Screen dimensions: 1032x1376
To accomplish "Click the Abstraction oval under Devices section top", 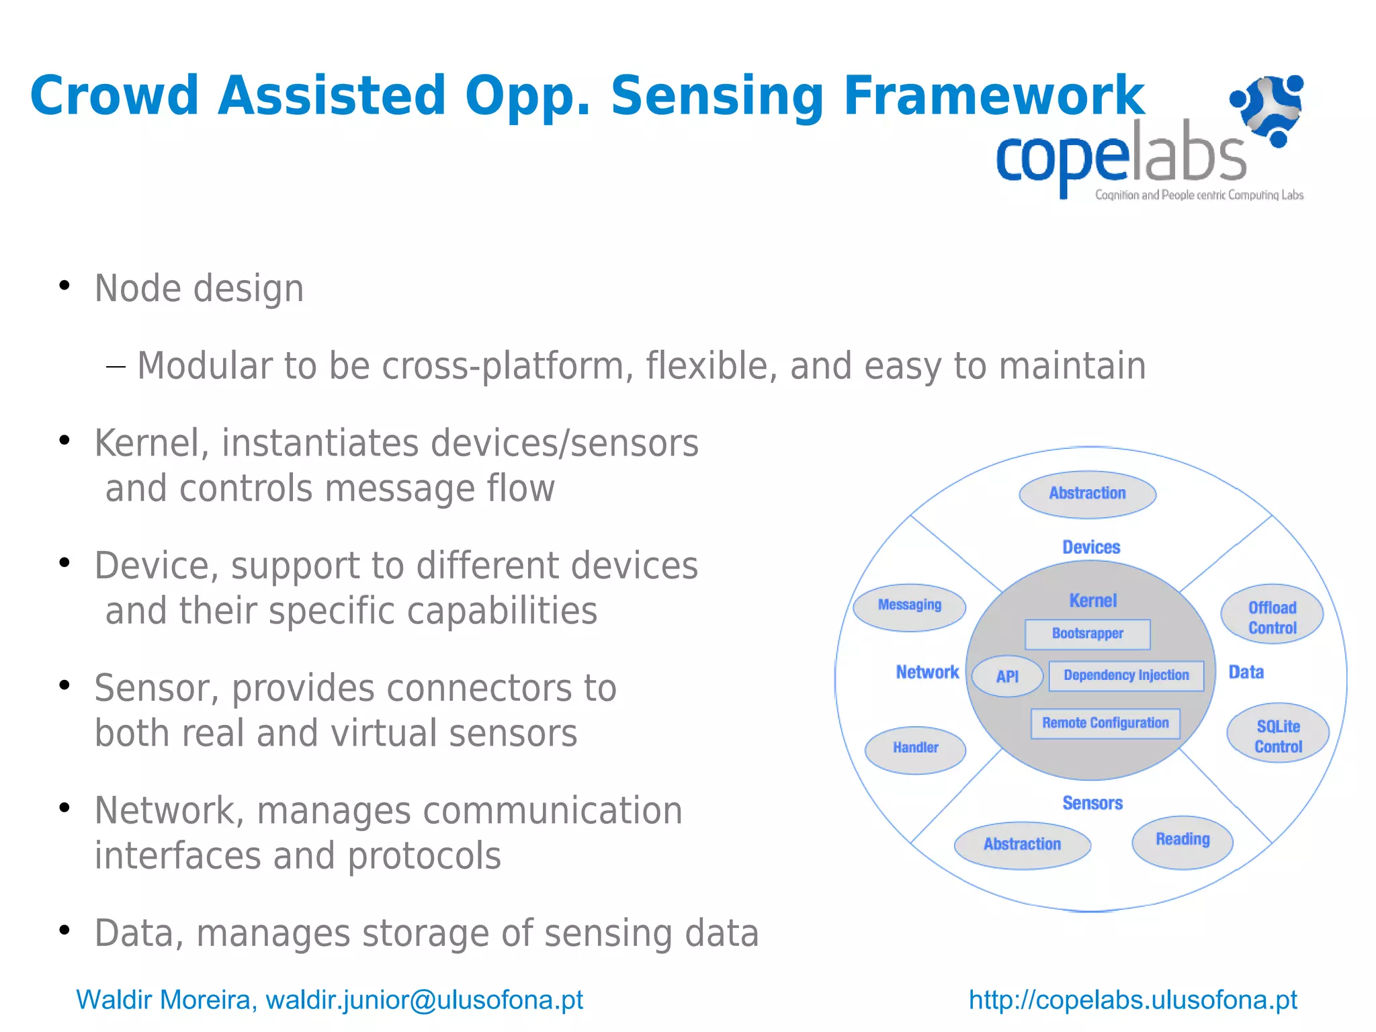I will coord(1087,494).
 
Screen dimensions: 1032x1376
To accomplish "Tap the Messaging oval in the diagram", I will coord(909,607).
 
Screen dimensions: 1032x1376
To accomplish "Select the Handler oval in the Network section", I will coord(915,749).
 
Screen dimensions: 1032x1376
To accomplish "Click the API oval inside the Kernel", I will coord(1007,677).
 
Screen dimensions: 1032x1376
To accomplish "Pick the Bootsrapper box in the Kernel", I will coord(1087,634).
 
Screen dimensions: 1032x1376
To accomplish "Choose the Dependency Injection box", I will coord(1126,676).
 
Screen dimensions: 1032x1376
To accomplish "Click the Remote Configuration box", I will coord(1105,724).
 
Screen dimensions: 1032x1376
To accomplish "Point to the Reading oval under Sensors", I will coord(1182,842).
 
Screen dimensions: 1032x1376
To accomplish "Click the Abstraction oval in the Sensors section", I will coord(1022,845).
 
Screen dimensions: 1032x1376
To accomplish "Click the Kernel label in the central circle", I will coord(1092,601).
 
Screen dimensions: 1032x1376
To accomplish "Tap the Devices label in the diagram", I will coord(1091,548).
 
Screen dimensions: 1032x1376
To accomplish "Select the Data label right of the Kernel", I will coord(1246,673).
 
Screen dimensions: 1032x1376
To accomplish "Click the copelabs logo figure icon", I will coord(1268,110).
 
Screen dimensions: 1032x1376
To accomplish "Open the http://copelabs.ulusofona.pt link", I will coord(1133,1000).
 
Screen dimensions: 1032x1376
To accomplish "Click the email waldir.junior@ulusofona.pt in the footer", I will coord(425,1000).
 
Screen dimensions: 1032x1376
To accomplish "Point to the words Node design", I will coord(200,289).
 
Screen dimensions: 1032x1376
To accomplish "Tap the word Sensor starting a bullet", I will coord(156,689).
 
